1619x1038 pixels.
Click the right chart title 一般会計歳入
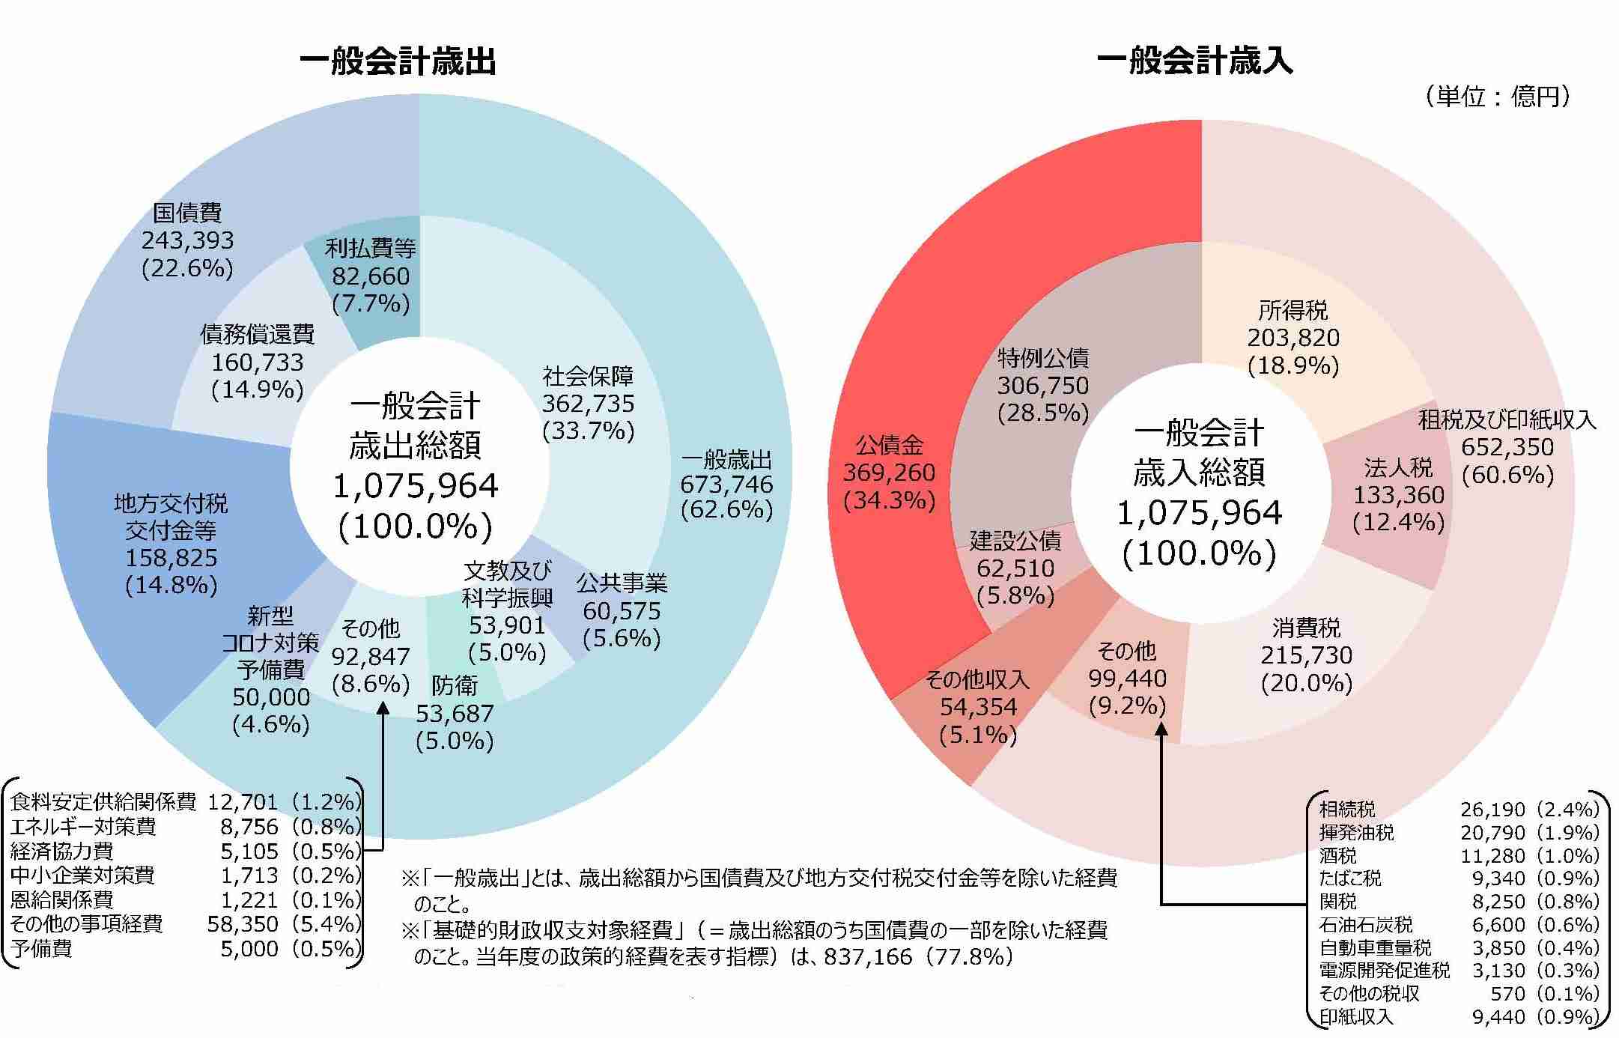[x=1195, y=61]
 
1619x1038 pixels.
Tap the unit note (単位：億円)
[x=1497, y=97]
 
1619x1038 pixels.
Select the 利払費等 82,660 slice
[x=371, y=276]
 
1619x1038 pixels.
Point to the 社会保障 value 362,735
[x=588, y=404]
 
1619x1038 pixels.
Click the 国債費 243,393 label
[x=187, y=240]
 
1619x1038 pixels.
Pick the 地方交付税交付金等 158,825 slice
[x=171, y=544]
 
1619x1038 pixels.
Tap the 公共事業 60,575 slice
[x=622, y=611]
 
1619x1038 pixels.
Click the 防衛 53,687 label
[x=455, y=713]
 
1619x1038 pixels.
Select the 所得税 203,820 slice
[x=1293, y=338]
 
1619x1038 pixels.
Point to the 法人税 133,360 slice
[x=1398, y=495]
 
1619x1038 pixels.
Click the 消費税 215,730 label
[x=1307, y=655]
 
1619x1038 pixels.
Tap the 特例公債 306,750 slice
[x=1042, y=386]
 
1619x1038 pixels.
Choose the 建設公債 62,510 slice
[x=1015, y=568]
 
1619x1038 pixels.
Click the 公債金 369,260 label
[x=889, y=473]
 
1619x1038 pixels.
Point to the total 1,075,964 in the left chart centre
[x=415, y=486]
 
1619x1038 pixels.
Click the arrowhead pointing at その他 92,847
[x=382, y=708]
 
